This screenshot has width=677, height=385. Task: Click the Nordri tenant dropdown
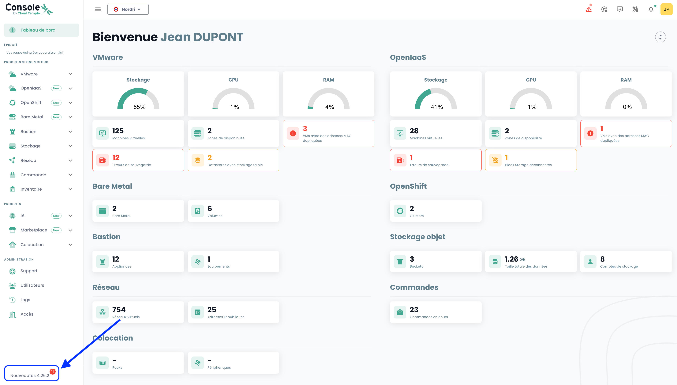tap(128, 9)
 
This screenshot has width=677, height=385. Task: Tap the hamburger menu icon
tap(98, 9)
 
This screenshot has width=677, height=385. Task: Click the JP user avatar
tap(666, 9)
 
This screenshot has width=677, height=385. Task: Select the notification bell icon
tap(651, 10)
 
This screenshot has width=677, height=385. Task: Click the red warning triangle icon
tap(589, 10)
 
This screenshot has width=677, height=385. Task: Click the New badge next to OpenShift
tap(56, 103)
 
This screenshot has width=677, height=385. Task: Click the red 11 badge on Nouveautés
tap(53, 372)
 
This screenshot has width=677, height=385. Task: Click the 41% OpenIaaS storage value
tap(437, 107)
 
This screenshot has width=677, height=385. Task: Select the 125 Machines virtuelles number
tap(118, 131)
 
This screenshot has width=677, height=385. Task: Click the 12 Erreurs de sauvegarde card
tap(138, 160)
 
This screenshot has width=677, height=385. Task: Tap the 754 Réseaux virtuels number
tap(119, 310)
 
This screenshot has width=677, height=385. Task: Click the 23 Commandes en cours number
tap(414, 310)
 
